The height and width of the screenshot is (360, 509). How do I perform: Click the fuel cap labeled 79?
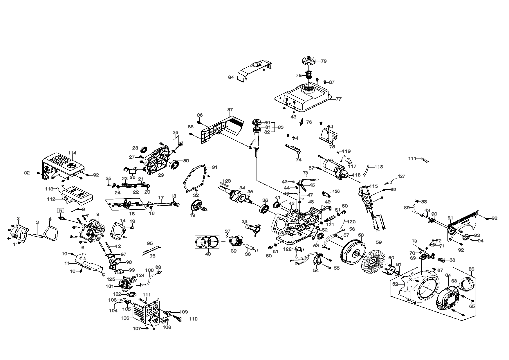[308, 62]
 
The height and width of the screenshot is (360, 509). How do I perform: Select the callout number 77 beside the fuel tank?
[338, 99]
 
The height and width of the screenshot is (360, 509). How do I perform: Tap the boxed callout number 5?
[60, 210]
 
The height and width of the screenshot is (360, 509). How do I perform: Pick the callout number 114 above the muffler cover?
[72, 153]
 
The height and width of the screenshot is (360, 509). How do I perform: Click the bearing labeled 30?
[175, 164]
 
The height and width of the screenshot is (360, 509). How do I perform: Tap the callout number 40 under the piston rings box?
[208, 254]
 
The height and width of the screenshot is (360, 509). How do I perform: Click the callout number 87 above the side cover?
[230, 110]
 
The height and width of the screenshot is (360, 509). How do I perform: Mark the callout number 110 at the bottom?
[193, 319]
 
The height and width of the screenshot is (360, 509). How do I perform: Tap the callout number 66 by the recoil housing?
[471, 269]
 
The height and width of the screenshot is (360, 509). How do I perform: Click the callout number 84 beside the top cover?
[231, 77]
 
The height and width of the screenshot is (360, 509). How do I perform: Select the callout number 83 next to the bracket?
[280, 127]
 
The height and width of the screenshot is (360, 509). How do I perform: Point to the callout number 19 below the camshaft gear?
[192, 215]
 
